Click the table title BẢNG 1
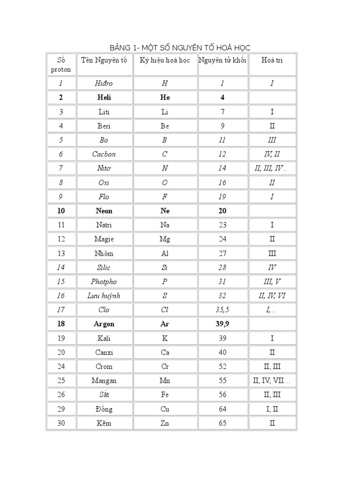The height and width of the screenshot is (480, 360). pos(180,48)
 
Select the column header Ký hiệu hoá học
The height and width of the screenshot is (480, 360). pos(165,60)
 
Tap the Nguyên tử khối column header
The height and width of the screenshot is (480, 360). pos(222,60)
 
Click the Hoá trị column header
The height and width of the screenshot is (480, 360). pos(272,60)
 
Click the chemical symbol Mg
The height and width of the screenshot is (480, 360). pos(165,239)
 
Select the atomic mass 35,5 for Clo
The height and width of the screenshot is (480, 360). pos(222,310)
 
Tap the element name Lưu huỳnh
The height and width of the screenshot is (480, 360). pos(104,296)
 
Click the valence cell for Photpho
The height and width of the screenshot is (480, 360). pos(272,282)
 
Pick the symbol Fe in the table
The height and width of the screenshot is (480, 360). pos(165,395)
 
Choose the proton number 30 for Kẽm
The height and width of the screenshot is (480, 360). pos(61,423)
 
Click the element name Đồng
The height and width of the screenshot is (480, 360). pos(104,409)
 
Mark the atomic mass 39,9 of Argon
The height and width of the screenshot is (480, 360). pos(222,324)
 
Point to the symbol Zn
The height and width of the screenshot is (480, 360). pos(165,423)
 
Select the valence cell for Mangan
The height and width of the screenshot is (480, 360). pos(272,381)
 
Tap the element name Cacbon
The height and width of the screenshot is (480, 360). pos(104,154)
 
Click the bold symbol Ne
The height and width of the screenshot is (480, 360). pos(165,211)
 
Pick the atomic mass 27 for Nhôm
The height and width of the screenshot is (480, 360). pos(222,254)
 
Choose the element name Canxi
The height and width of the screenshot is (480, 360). pos(104,352)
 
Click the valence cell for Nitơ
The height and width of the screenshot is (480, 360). pos(272,168)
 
